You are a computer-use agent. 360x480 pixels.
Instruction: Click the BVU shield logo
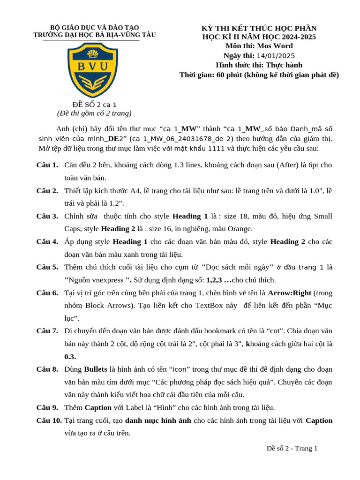pos(93,70)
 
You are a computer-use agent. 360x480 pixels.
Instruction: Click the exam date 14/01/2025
pos(276,55)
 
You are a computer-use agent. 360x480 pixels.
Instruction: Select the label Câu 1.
pos(47,165)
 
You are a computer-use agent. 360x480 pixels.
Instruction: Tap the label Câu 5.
pos(47,267)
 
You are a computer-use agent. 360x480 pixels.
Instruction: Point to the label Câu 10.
pos(49,420)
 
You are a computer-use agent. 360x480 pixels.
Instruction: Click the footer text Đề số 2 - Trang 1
pos(292,448)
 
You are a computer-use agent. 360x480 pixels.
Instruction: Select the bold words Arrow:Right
pos(289,293)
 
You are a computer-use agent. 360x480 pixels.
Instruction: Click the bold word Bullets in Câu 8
pos(96,369)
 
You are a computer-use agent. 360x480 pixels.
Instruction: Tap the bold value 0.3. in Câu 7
pos(70,356)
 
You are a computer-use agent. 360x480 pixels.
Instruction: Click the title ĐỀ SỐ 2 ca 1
pos(94,105)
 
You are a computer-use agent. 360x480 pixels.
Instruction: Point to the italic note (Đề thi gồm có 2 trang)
pos(94,113)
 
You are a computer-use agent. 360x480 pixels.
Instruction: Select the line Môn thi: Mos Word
pos(259,46)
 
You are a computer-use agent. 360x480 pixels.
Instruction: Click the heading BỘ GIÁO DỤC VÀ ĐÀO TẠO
pos(94,28)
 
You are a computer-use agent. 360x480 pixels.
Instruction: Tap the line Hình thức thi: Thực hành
pos(259,65)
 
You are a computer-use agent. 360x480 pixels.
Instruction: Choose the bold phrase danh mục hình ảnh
pos(158,420)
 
